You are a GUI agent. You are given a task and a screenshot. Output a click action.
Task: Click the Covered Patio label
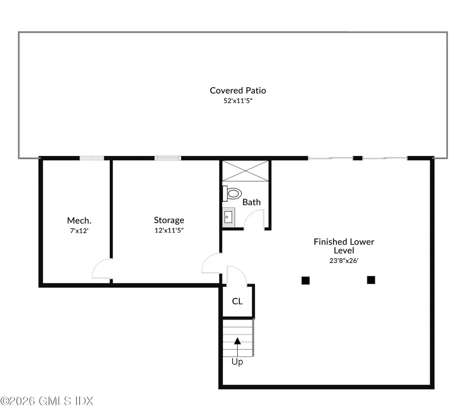coord(238,90)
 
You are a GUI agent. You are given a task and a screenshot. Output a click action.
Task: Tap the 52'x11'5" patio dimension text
coord(238,101)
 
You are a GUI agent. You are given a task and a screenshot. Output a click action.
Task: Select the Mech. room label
coord(79,220)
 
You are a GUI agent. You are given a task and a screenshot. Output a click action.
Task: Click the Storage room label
coord(169,220)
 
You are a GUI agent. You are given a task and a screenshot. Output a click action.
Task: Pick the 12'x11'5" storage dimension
coord(169,230)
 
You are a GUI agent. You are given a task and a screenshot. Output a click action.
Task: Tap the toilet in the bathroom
coord(233,194)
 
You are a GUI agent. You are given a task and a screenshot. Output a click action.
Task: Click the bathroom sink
coord(228,217)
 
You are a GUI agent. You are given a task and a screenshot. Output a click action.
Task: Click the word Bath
coord(251,202)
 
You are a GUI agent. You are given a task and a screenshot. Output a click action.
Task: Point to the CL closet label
coord(237,301)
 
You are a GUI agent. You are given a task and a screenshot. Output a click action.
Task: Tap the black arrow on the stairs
coord(237,340)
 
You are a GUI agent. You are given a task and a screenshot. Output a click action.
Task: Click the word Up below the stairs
coord(237,362)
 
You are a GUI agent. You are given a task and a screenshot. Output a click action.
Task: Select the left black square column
coord(305,280)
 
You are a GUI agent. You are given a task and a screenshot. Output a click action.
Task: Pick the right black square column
coord(371,280)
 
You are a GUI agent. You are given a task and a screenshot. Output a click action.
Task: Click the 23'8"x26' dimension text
coord(344,260)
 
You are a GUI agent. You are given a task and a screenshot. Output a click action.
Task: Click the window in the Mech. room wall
coord(91,158)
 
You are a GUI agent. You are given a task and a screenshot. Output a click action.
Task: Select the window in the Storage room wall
coord(168,158)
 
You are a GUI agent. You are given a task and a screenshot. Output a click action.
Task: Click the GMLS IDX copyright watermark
coord(47,401)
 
